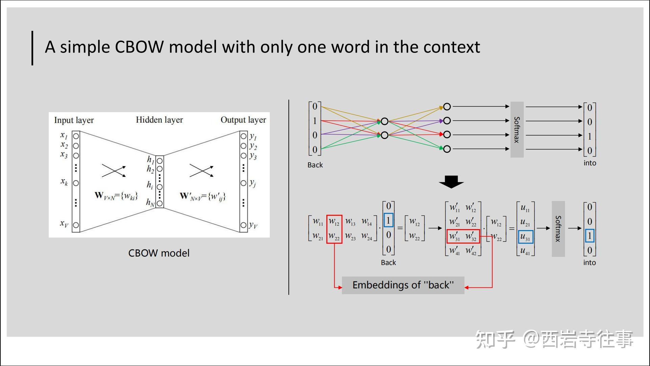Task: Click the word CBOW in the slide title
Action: pos(139,47)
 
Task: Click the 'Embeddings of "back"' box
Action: pos(403,285)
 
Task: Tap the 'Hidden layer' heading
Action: pos(159,120)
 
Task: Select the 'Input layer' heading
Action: pos(74,120)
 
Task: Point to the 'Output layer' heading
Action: pos(243,120)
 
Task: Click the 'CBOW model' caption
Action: pos(159,253)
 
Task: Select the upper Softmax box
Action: pos(517,129)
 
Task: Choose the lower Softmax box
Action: pos(558,229)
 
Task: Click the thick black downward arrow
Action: pos(451,182)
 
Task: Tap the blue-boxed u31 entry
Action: pos(525,237)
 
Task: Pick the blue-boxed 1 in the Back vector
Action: pos(389,220)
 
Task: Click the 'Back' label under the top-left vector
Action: pos(315,165)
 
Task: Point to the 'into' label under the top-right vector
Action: pos(590,163)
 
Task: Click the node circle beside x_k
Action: pos(76,183)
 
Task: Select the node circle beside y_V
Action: pos(243,225)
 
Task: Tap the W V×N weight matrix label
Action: pos(116,196)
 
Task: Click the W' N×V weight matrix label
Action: pos(202,196)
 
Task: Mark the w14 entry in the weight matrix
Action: pos(367,222)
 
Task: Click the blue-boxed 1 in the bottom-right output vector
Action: pos(590,236)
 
